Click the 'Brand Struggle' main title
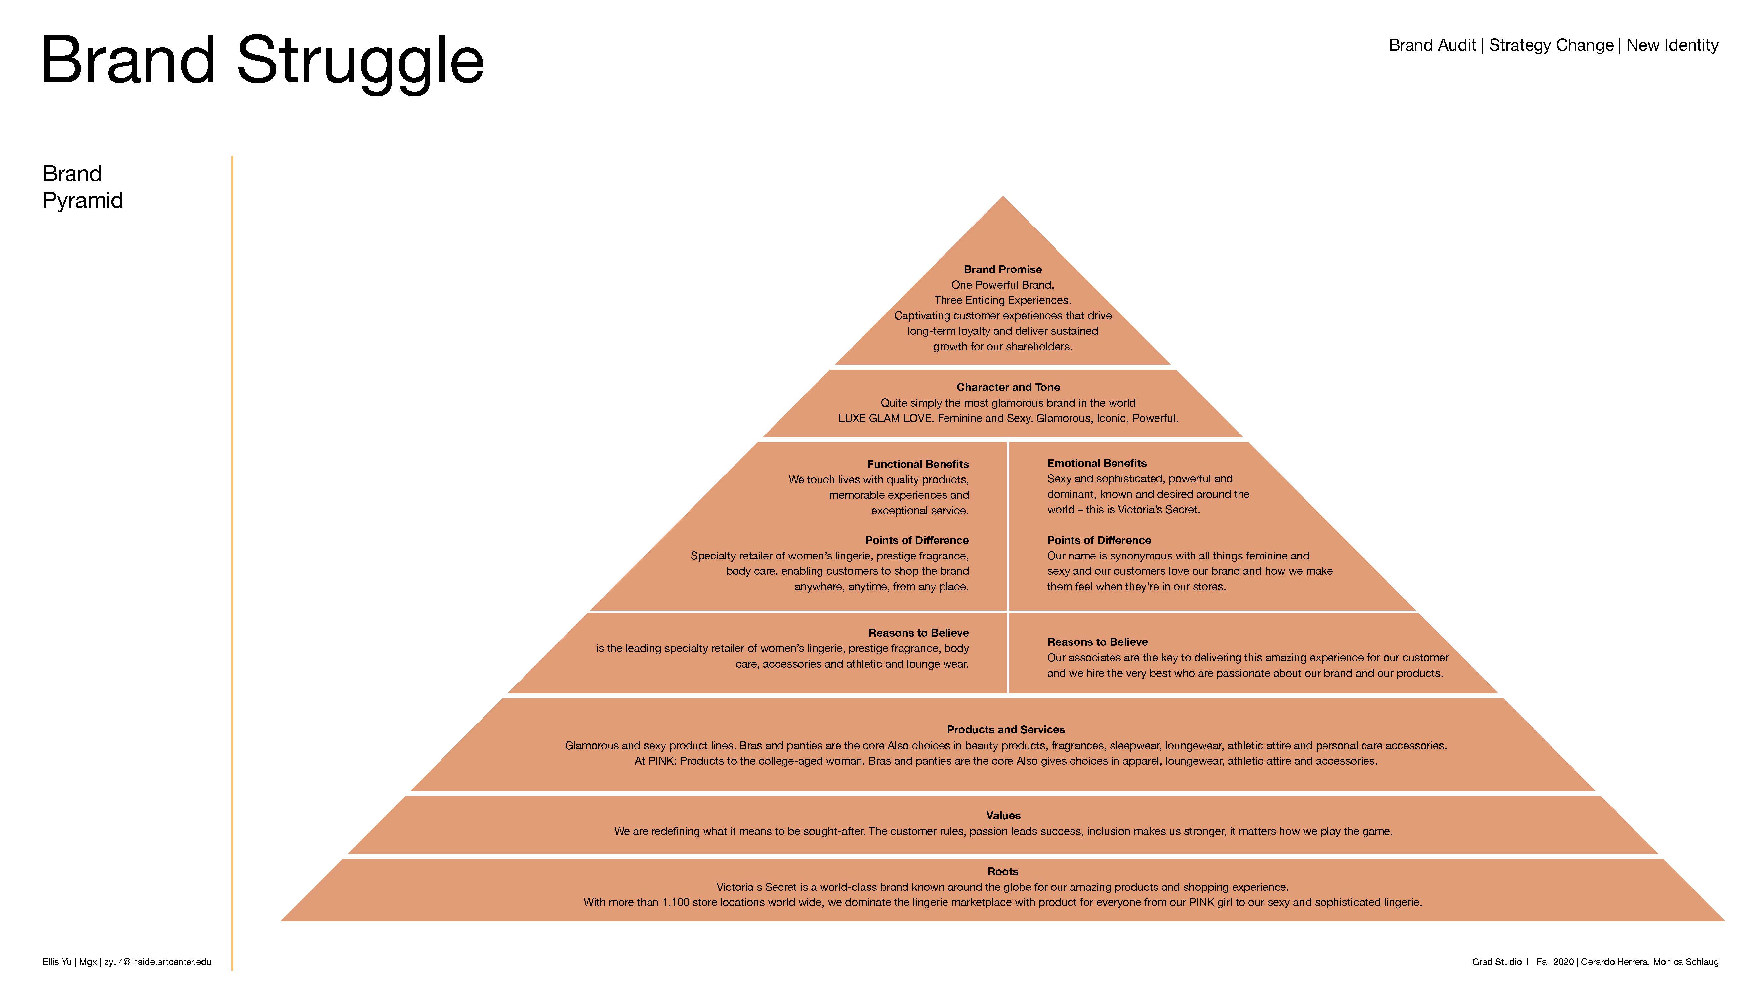click(262, 62)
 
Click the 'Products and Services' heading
click(1005, 730)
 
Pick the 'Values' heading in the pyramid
click(1003, 815)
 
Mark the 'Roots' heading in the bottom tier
click(1002, 872)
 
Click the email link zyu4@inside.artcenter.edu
click(157, 962)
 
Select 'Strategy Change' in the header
click(1551, 45)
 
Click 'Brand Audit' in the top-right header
click(1432, 45)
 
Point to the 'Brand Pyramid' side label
click(82, 187)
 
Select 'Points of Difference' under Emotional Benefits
click(1098, 540)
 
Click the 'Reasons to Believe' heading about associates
click(1097, 642)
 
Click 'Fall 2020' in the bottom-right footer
click(1555, 962)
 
